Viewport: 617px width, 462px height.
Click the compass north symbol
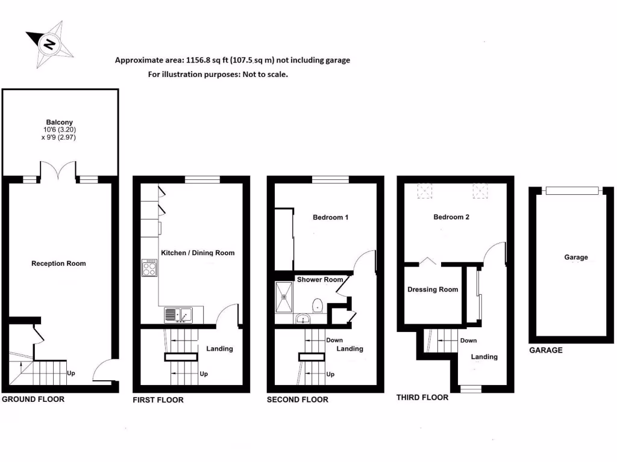coord(49,43)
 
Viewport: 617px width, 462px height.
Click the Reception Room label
coord(58,263)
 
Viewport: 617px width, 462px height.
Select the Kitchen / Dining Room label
coord(198,253)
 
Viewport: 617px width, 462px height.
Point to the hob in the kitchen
coord(149,268)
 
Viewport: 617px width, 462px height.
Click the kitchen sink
coord(178,315)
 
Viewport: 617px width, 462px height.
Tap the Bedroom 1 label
coord(330,217)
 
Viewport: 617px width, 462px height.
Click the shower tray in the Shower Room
coord(284,297)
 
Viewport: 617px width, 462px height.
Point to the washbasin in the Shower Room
coord(302,318)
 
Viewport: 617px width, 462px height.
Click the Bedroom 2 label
coord(451,217)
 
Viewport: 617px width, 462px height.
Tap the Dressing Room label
coord(433,289)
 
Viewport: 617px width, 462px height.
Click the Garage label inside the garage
coord(576,257)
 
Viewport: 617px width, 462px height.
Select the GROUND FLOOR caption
coord(33,399)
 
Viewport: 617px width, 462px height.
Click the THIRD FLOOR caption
coord(422,398)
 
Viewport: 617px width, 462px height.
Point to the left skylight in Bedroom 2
coord(425,191)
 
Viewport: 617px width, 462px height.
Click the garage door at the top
coord(573,191)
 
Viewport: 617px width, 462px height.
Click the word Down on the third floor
coord(468,340)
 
